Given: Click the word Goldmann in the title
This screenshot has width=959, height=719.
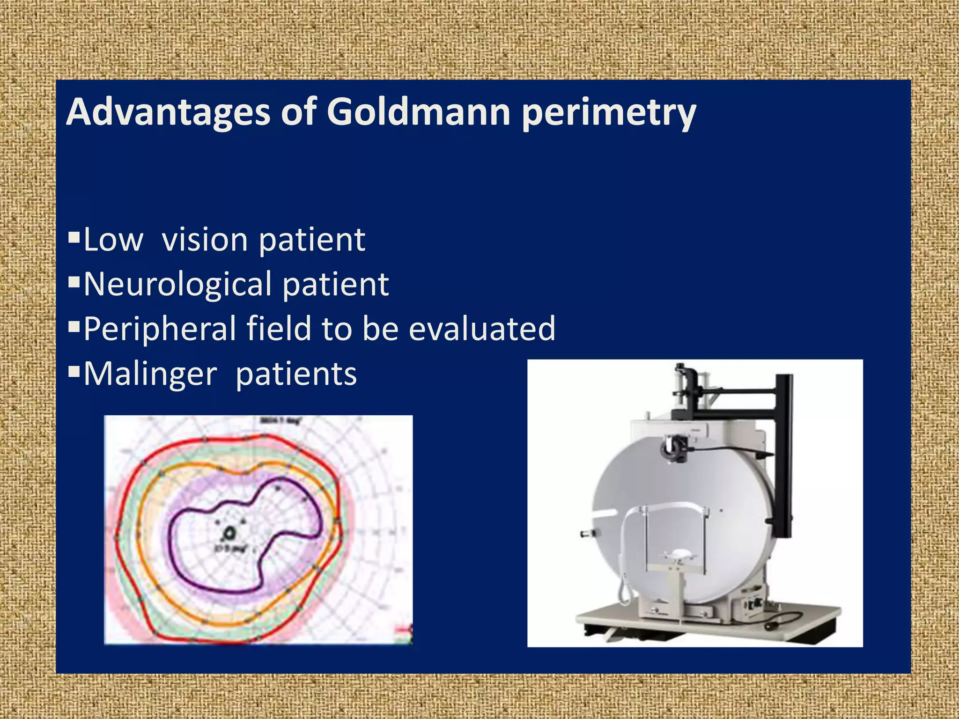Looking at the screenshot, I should [418, 112].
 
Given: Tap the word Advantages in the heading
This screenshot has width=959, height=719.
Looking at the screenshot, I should [168, 112].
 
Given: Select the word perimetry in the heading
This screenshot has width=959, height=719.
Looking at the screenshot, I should [609, 112].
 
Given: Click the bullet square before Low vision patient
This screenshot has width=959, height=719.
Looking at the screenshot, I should [74, 238].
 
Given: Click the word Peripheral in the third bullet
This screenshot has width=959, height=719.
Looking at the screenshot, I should [160, 329].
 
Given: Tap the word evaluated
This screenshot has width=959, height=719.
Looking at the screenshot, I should [482, 329].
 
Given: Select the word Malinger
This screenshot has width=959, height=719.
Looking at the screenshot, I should [150, 374].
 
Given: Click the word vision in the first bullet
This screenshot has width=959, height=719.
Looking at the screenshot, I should [204, 240].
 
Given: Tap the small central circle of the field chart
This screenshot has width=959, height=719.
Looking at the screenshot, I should [230, 533].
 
